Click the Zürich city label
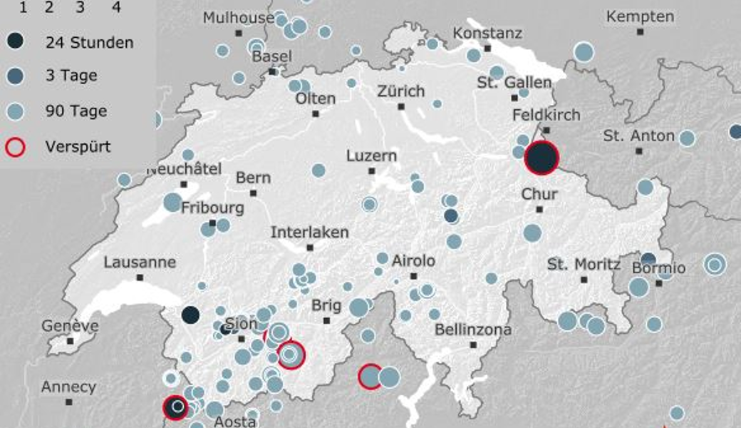point(400,91)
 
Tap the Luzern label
point(371,156)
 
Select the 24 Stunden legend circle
point(19,42)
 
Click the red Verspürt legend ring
point(19,147)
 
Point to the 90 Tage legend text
point(76,111)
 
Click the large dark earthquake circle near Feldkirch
point(541,158)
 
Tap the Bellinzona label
point(473,330)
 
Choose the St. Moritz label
point(584,265)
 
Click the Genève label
point(70,326)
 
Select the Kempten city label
point(640,16)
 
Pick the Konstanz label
point(487,34)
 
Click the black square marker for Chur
point(539,209)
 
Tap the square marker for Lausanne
point(140,277)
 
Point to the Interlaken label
point(310,233)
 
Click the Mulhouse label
point(239,18)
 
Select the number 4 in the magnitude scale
point(116,8)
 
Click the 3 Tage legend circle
point(19,76)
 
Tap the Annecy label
point(68,387)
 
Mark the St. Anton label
point(638,136)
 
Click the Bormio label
point(658,268)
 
